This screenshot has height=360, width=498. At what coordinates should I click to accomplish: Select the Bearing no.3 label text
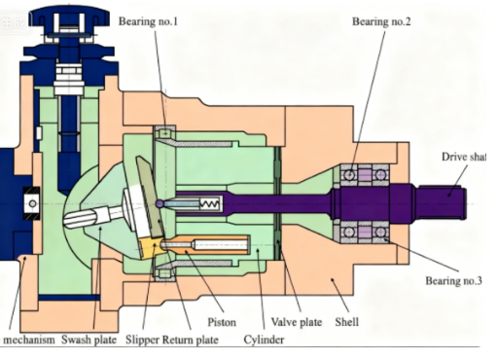pos(454,281)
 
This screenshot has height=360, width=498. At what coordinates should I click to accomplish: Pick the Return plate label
pos(196,339)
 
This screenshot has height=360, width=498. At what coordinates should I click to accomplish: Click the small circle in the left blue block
pos(33,201)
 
